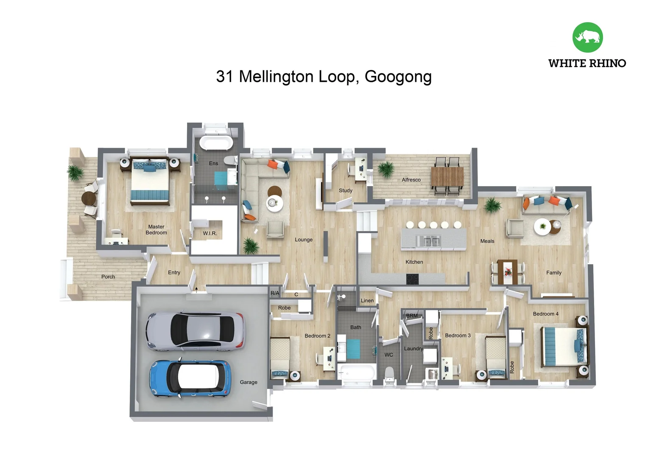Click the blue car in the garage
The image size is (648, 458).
coord(190,379)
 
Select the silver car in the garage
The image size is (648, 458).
coord(195,331)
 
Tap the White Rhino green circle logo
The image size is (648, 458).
coord(587,37)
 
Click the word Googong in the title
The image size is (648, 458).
coord(398,77)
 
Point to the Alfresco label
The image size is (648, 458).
coord(411,180)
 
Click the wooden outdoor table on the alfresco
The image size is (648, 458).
coord(447,176)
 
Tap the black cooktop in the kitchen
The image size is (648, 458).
coord(412,279)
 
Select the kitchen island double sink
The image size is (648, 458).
coord(428,241)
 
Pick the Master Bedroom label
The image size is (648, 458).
coord(156,229)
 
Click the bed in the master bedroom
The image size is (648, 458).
coord(149,181)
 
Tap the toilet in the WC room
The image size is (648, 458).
coord(389,375)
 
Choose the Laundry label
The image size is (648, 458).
coord(413,349)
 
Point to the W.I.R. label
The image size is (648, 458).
coord(210,233)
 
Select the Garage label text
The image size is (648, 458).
coord(249,382)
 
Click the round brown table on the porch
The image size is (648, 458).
coord(89,198)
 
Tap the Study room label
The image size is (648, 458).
coord(346,190)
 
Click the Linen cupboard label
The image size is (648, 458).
coord(367,301)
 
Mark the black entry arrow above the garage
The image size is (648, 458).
coord(196,290)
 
